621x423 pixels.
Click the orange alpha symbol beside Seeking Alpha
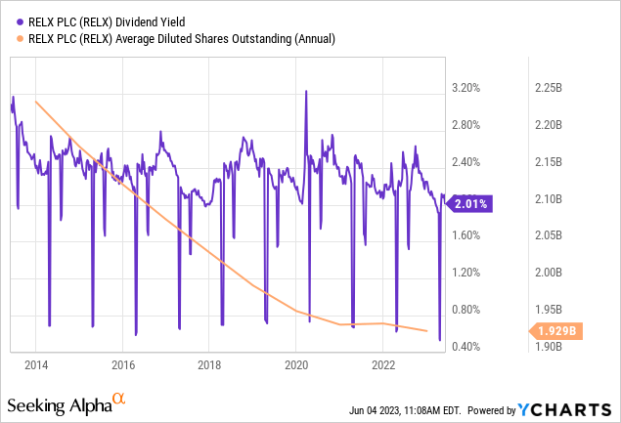(x=118, y=400)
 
